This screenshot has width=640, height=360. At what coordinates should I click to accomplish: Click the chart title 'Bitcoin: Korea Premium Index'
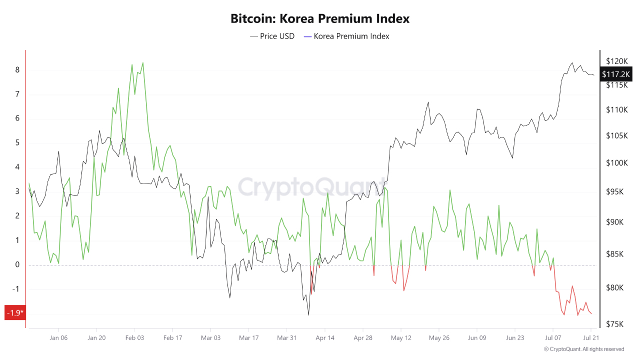tap(320, 19)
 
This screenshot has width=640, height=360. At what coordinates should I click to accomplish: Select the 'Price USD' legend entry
tap(272, 36)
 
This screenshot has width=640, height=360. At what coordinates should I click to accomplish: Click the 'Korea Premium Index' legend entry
tap(346, 36)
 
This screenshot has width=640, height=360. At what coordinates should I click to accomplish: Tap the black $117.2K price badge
tap(616, 74)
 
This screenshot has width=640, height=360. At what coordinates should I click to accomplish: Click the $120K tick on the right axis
tap(616, 61)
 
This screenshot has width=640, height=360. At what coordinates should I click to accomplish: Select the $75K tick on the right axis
tap(614, 324)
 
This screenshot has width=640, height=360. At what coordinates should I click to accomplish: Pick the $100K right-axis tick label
tap(616, 163)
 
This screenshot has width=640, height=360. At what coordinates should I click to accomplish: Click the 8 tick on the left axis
tap(17, 70)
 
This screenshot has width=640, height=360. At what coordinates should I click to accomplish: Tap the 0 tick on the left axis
tap(17, 265)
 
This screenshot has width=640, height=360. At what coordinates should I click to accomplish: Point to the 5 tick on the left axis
tap(17, 143)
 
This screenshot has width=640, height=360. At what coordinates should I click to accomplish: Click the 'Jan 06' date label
tap(58, 338)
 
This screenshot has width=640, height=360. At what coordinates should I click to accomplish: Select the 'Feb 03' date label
tap(134, 338)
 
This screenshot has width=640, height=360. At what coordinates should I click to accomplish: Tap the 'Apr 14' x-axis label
tap(324, 338)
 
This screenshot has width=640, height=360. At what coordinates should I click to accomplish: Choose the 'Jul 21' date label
tap(591, 338)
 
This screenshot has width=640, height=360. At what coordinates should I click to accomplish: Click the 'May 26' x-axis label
tap(438, 338)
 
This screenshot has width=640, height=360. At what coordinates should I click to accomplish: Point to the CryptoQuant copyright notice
tap(584, 349)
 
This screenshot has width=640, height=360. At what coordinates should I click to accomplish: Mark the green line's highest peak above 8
tap(143, 63)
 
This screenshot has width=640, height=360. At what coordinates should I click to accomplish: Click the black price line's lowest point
tap(308, 314)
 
